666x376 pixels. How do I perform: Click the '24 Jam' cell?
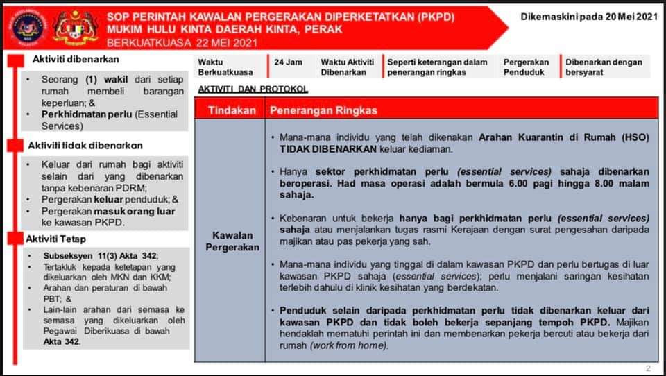pos(288,62)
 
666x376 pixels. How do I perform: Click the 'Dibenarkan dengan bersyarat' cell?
pos(604,67)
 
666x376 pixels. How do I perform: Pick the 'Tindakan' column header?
pos(232,110)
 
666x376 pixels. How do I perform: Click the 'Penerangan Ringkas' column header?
pos(323,110)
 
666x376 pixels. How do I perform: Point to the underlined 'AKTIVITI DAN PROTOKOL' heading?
pos(253,90)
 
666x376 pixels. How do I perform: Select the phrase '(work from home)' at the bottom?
pos(349,345)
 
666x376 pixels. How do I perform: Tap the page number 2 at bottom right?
pos(648,368)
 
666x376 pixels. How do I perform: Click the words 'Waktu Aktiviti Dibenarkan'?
pos(347,67)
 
